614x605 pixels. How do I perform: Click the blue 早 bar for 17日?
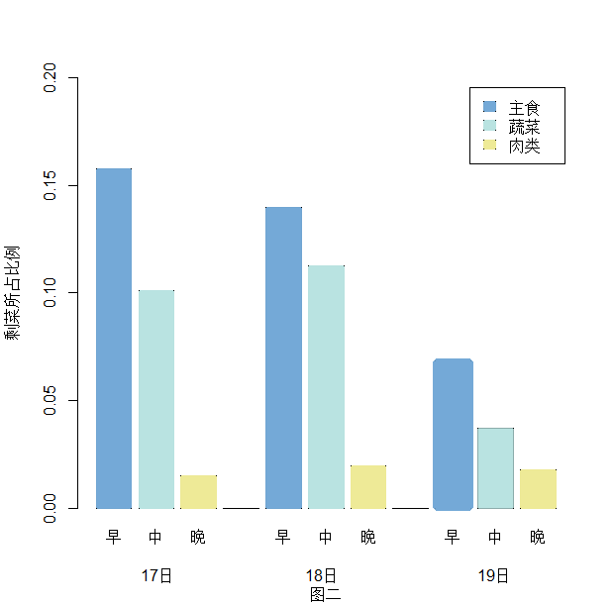114,338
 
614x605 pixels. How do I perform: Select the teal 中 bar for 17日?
156,399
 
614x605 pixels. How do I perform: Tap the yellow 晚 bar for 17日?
198,491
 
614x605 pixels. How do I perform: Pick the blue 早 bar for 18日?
283,357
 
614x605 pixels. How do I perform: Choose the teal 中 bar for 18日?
326,386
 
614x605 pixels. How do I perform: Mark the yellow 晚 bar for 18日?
368,486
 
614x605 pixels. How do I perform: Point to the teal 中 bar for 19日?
495,467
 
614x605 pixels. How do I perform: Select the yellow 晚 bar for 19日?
538,488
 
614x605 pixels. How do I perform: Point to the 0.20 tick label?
51,77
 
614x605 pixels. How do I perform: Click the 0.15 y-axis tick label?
51,185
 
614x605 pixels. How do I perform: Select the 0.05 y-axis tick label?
51,401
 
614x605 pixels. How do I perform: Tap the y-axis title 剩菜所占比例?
13,292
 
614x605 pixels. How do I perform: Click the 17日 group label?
156,575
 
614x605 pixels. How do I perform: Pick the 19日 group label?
493,575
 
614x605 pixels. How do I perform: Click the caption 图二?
325,594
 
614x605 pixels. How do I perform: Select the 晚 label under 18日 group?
368,538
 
